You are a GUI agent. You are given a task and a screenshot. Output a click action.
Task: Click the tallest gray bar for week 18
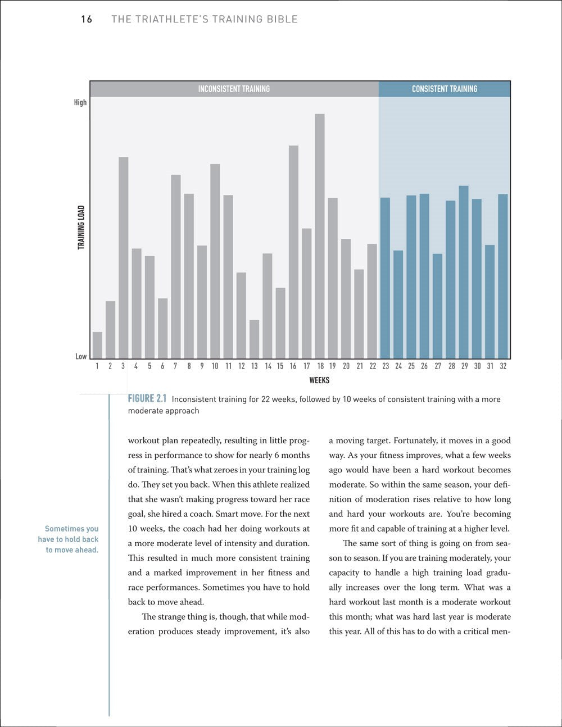click(x=320, y=236)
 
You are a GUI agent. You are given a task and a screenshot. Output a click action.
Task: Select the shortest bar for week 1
click(x=97, y=345)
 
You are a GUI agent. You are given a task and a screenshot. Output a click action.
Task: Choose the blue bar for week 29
click(x=464, y=272)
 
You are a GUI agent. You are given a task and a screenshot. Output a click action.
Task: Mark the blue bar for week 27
click(x=437, y=306)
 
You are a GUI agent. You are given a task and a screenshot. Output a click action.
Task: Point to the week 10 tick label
click(x=215, y=366)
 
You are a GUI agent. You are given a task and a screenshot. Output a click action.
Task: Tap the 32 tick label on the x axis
click(x=503, y=366)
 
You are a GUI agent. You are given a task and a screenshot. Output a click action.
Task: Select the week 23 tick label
click(x=386, y=366)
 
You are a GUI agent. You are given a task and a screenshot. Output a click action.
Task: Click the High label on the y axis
click(x=80, y=102)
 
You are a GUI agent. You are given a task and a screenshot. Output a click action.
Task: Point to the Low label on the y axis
click(x=81, y=356)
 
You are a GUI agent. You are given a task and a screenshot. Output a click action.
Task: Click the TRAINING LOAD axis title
click(x=81, y=228)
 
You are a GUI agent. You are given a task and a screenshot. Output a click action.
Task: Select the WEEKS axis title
click(x=319, y=380)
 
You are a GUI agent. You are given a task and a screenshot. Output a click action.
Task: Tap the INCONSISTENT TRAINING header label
click(x=234, y=89)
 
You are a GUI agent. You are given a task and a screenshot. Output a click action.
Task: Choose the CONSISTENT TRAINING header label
click(x=445, y=89)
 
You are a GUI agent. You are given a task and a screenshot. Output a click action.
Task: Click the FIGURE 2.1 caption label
click(x=148, y=399)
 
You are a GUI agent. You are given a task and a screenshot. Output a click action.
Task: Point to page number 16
click(x=86, y=20)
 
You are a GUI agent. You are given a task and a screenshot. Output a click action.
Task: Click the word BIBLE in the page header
click(x=283, y=20)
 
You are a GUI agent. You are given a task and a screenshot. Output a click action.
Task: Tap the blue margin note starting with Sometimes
click(x=71, y=539)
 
